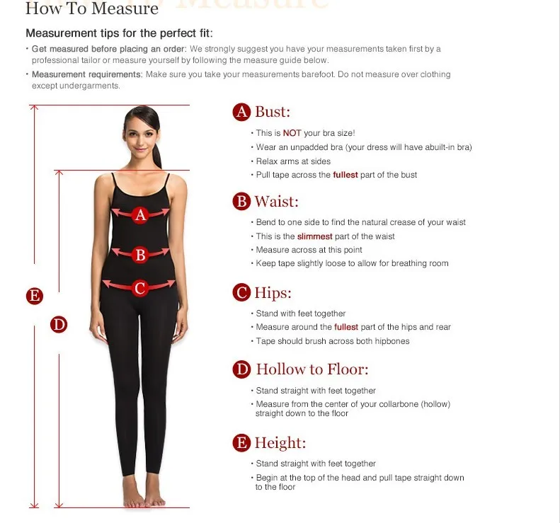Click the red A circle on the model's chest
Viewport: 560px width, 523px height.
click(x=140, y=215)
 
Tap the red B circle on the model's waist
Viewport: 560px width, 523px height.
click(x=140, y=255)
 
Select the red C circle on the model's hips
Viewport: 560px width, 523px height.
click(x=139, y=288)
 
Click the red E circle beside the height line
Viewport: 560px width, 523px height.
click(x=35, y=296)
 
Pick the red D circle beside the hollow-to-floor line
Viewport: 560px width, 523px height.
click(x=59, y=325)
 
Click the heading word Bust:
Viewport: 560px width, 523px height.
click(x=273, y=112)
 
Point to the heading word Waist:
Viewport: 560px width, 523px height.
click(x=276, y=202)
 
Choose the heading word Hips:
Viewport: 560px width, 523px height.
click(x=273, y=293)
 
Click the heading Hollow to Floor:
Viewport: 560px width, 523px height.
click(x=312, y=369)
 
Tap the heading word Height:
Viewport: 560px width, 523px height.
click(x=280, y=443)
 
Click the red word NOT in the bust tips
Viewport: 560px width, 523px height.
click(x=292, y=133)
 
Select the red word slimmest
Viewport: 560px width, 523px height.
click(x=314, y=236)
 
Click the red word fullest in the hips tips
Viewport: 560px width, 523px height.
click(x=346, y=327)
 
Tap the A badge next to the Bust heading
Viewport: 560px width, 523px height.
click(x=241, y=112)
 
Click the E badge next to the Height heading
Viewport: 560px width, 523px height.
click(x=241, y=443)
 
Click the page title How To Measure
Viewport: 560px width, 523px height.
click(x=92, y=8)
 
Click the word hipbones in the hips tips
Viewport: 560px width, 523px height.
click(x=392, y=341)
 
